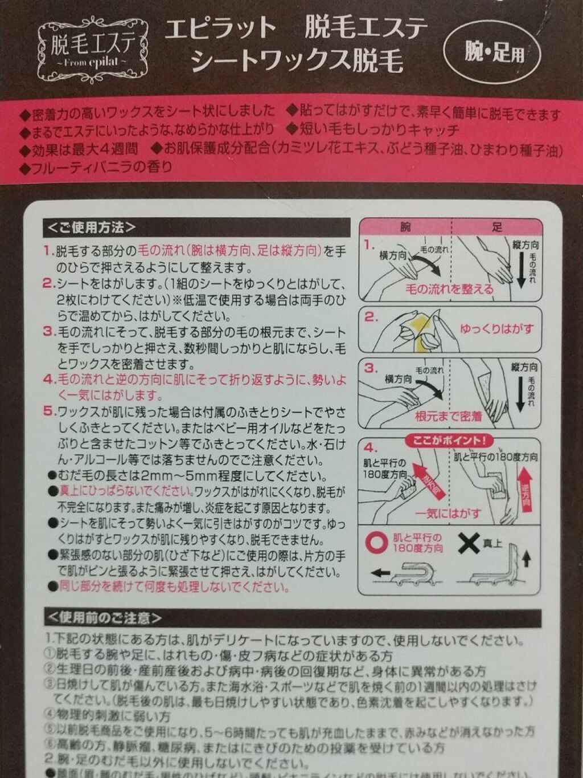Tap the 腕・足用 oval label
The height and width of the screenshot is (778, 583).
point(492,54)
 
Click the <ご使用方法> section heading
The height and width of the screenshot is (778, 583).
point(91,227)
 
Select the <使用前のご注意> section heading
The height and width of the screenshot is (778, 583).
point(104,617)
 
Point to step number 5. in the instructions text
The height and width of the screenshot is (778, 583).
point(49,412)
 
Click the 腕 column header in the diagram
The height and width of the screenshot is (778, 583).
point(405,227)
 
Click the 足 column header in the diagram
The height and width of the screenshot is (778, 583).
point(496,227)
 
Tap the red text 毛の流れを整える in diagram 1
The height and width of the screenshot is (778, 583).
point(449,289)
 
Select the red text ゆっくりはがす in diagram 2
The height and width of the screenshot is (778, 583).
point(496,329)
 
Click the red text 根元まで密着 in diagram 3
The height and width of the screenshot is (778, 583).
point(448,417)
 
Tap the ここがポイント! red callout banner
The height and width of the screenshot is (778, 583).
point(449,441)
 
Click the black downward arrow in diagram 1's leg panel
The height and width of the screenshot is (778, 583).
point(520,271)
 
